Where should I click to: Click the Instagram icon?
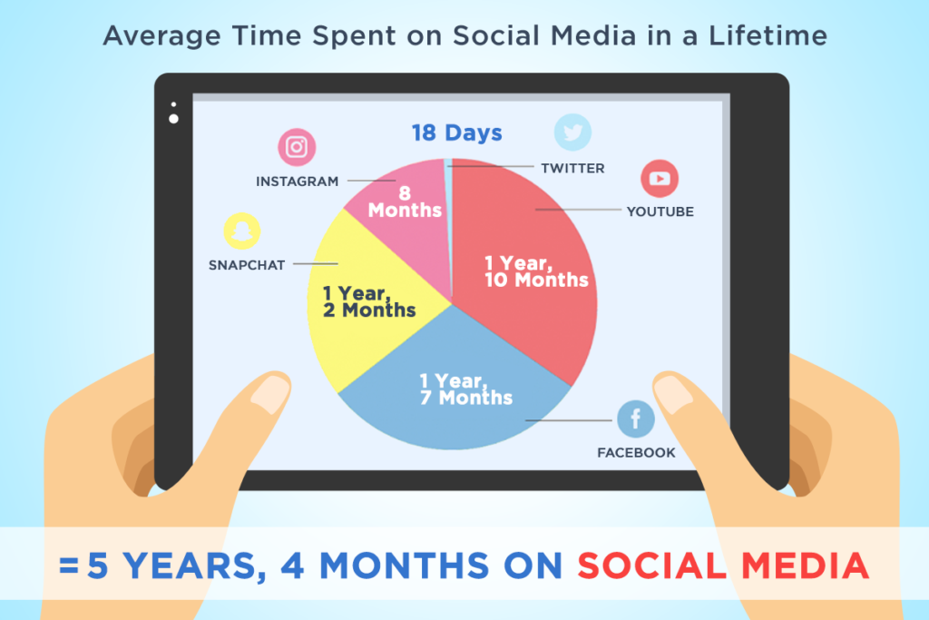coord(297,146)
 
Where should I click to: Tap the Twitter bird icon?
coord(573,132)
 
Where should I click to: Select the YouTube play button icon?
coord(660,179)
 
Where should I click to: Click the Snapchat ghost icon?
coord(241,231)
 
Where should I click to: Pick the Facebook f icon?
coord(636,418)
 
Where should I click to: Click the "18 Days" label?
coord(457,133)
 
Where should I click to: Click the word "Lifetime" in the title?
coord(768,35)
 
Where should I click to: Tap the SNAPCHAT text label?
coord(247,265)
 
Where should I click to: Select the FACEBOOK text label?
coord(636,453)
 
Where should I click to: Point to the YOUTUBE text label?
coord(660,212)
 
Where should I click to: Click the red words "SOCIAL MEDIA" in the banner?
coord(723,566)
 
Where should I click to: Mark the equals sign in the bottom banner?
coord(69,566)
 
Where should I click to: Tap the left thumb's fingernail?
coord(269,394)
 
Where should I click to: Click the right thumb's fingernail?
coord(674,395)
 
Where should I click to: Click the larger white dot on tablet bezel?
coord(173,119)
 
